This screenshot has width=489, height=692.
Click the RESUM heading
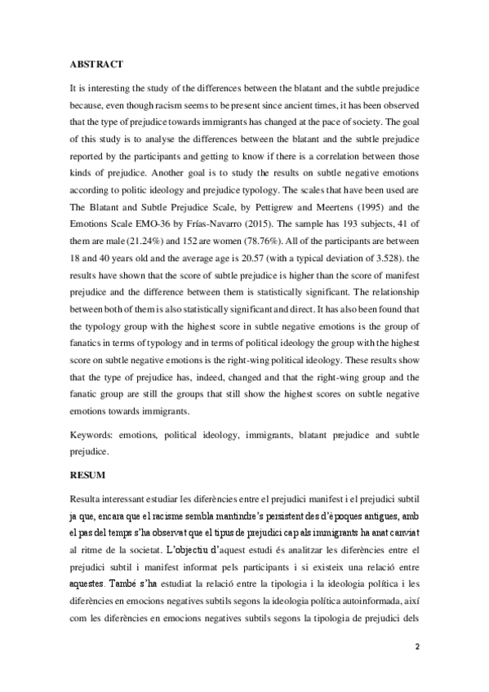tap(87, 473)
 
